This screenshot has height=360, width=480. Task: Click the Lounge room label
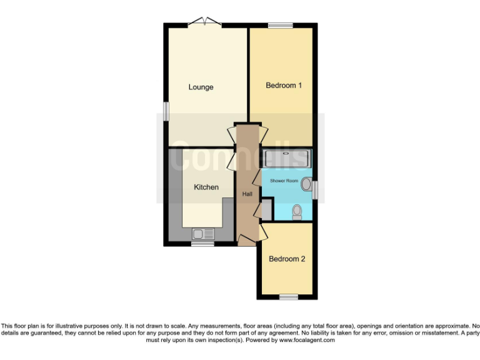[201, 87]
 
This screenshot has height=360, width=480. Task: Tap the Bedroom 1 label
[284, 86]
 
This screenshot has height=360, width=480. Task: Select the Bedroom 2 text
[287, 258]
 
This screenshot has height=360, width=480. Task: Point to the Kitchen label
[206, 187]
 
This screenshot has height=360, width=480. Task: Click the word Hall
[247, 194]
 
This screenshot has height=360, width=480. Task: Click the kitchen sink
[203, 234]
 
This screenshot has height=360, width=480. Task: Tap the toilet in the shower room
[297, 212]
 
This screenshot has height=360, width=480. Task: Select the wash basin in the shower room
[306, 184]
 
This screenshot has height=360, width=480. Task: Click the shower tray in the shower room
[286, 157]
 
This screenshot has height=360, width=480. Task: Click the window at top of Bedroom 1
[281, 26]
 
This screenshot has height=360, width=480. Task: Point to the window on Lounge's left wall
[166, 111]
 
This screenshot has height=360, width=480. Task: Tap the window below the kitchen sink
[202, 244]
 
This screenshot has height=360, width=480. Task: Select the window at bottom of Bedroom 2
[288, 297]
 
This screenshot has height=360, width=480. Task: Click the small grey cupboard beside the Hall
[266, 209]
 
